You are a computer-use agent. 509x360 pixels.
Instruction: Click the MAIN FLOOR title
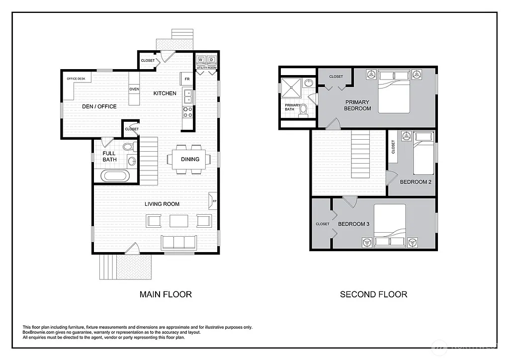pos(166,294)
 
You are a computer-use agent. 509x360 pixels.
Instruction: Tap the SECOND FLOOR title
pos(373,294)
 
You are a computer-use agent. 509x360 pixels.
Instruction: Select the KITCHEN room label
pos(164,93)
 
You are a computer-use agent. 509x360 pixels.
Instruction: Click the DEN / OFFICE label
pos(99,106)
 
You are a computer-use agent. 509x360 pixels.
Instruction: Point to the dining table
pos(186,159)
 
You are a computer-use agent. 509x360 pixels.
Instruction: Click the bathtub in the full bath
pos(115,176)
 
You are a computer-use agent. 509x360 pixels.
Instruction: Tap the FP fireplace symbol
pos(213,201)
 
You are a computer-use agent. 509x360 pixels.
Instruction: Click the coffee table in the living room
pos(179,220)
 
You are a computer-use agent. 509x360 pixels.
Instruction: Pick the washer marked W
pos(201,60)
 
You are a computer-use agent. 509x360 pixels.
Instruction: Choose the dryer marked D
pos(211,60)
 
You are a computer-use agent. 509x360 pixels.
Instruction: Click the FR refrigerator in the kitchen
pos(187,79)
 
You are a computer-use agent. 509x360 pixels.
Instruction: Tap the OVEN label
pos(134,89)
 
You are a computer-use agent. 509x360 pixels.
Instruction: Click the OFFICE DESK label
pos(76,79)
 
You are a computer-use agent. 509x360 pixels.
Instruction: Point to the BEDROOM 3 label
pos(353,224)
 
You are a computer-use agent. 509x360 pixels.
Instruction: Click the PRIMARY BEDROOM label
pos(357,105)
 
